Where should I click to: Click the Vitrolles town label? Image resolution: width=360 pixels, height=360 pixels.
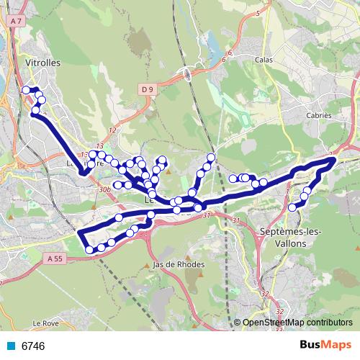click(42, 63)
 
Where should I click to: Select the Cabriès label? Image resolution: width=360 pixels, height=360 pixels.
click(318, 115)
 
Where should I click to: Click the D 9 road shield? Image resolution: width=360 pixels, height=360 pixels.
click(148, 89)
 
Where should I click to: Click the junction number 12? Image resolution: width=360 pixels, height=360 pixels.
click(112, 130)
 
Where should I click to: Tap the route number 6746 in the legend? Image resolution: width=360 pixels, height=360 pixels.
click(33, 346)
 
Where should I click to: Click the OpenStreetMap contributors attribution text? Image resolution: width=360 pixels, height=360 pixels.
click(297, 323)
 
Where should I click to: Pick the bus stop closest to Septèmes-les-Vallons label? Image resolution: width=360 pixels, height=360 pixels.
click(292, 207)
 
